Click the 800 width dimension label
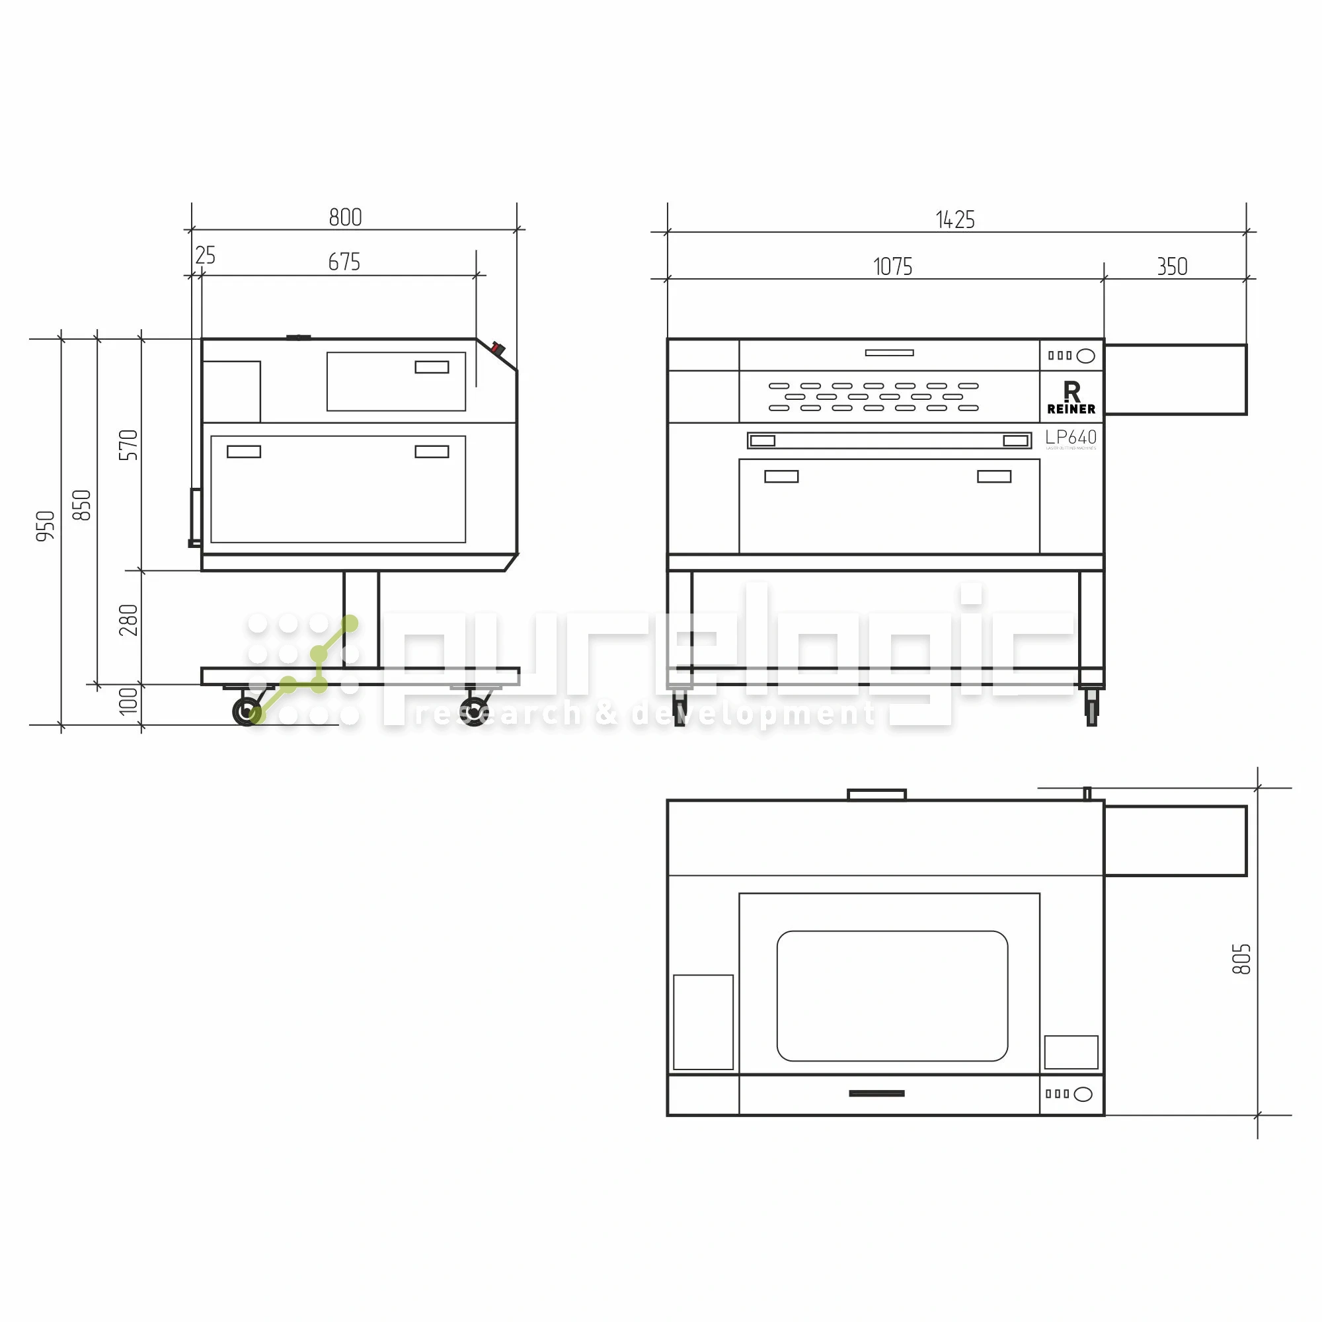click(345, 217)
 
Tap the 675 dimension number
click(344, 262)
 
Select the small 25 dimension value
click(205, 255)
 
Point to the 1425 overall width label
click(954, 220)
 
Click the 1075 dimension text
click(892, 267)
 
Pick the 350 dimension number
click(1171, 267)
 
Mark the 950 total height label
click(45, 525)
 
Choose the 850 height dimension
click(81, 505)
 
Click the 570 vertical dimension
click(128, 445)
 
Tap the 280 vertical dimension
click(128, 620)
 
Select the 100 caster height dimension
click(128, 701)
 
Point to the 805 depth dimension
click(1241, 958)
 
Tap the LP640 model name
click(1070, 437)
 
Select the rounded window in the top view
click(892, 995)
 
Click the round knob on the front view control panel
click(1085, 356)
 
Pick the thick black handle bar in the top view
click(876, 1093)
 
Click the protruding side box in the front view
click(1175, 380)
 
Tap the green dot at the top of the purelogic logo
click(350, 623)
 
